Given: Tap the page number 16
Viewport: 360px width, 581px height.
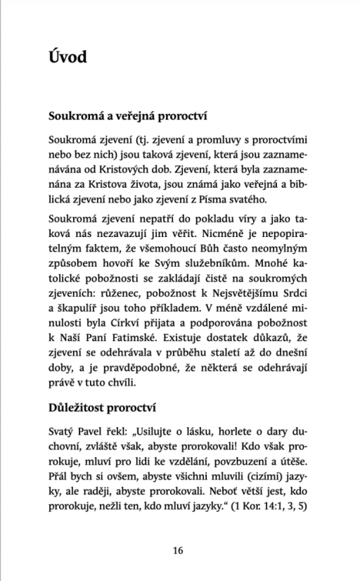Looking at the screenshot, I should (x=179, y=549).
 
